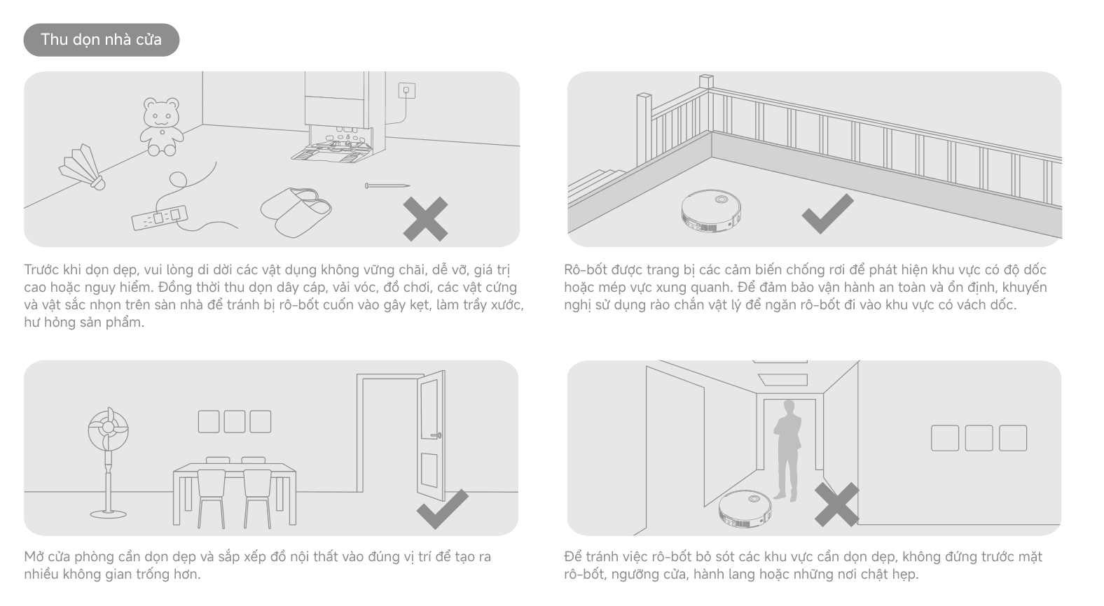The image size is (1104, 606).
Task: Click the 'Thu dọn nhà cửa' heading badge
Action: click(102, 40)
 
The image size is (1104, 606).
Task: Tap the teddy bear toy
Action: click(161, 127)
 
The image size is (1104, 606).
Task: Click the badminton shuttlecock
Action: click(83, 167)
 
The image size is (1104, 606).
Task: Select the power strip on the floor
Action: click(160, 218)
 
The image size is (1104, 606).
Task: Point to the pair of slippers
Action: click(296, 212)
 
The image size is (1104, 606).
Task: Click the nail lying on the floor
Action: click(387, 185)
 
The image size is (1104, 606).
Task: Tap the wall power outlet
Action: click(406, 90)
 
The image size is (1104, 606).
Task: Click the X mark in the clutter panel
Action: click(425, 219)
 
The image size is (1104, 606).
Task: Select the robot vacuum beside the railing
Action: click(711, 211)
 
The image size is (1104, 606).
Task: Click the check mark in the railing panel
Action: click(828, 213)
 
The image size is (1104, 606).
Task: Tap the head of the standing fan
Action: click(109, 430)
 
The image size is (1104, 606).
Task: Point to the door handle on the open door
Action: click(436, 435)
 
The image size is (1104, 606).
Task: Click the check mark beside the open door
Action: click(443, 509)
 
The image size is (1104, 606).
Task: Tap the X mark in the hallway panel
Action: click(837, 504)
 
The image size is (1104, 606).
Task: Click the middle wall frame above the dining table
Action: click(235, 422)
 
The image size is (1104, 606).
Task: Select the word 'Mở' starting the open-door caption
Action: click(34, 557)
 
